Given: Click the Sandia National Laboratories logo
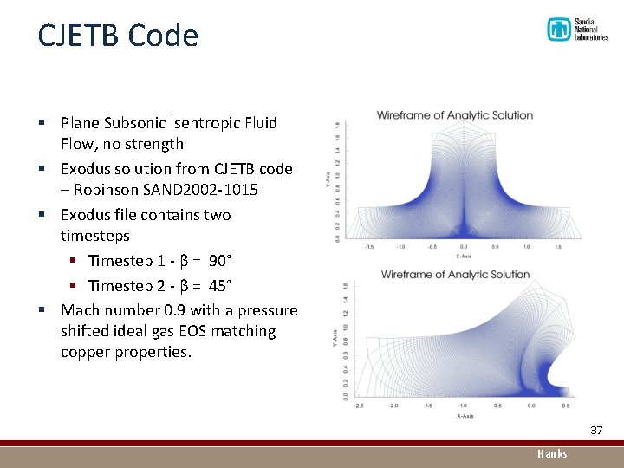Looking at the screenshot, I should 577,29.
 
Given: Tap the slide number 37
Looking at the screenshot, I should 596,431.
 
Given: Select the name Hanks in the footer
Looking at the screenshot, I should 552,453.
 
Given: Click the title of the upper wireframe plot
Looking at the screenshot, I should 455,115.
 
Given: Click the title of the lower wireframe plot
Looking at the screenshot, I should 455,275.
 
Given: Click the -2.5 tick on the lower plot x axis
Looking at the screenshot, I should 358,406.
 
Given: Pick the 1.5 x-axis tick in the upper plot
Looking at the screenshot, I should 557,246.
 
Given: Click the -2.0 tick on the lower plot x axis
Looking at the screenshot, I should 393,406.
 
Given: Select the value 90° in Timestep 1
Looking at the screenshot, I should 222,261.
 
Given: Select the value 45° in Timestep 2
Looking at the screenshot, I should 222,285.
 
